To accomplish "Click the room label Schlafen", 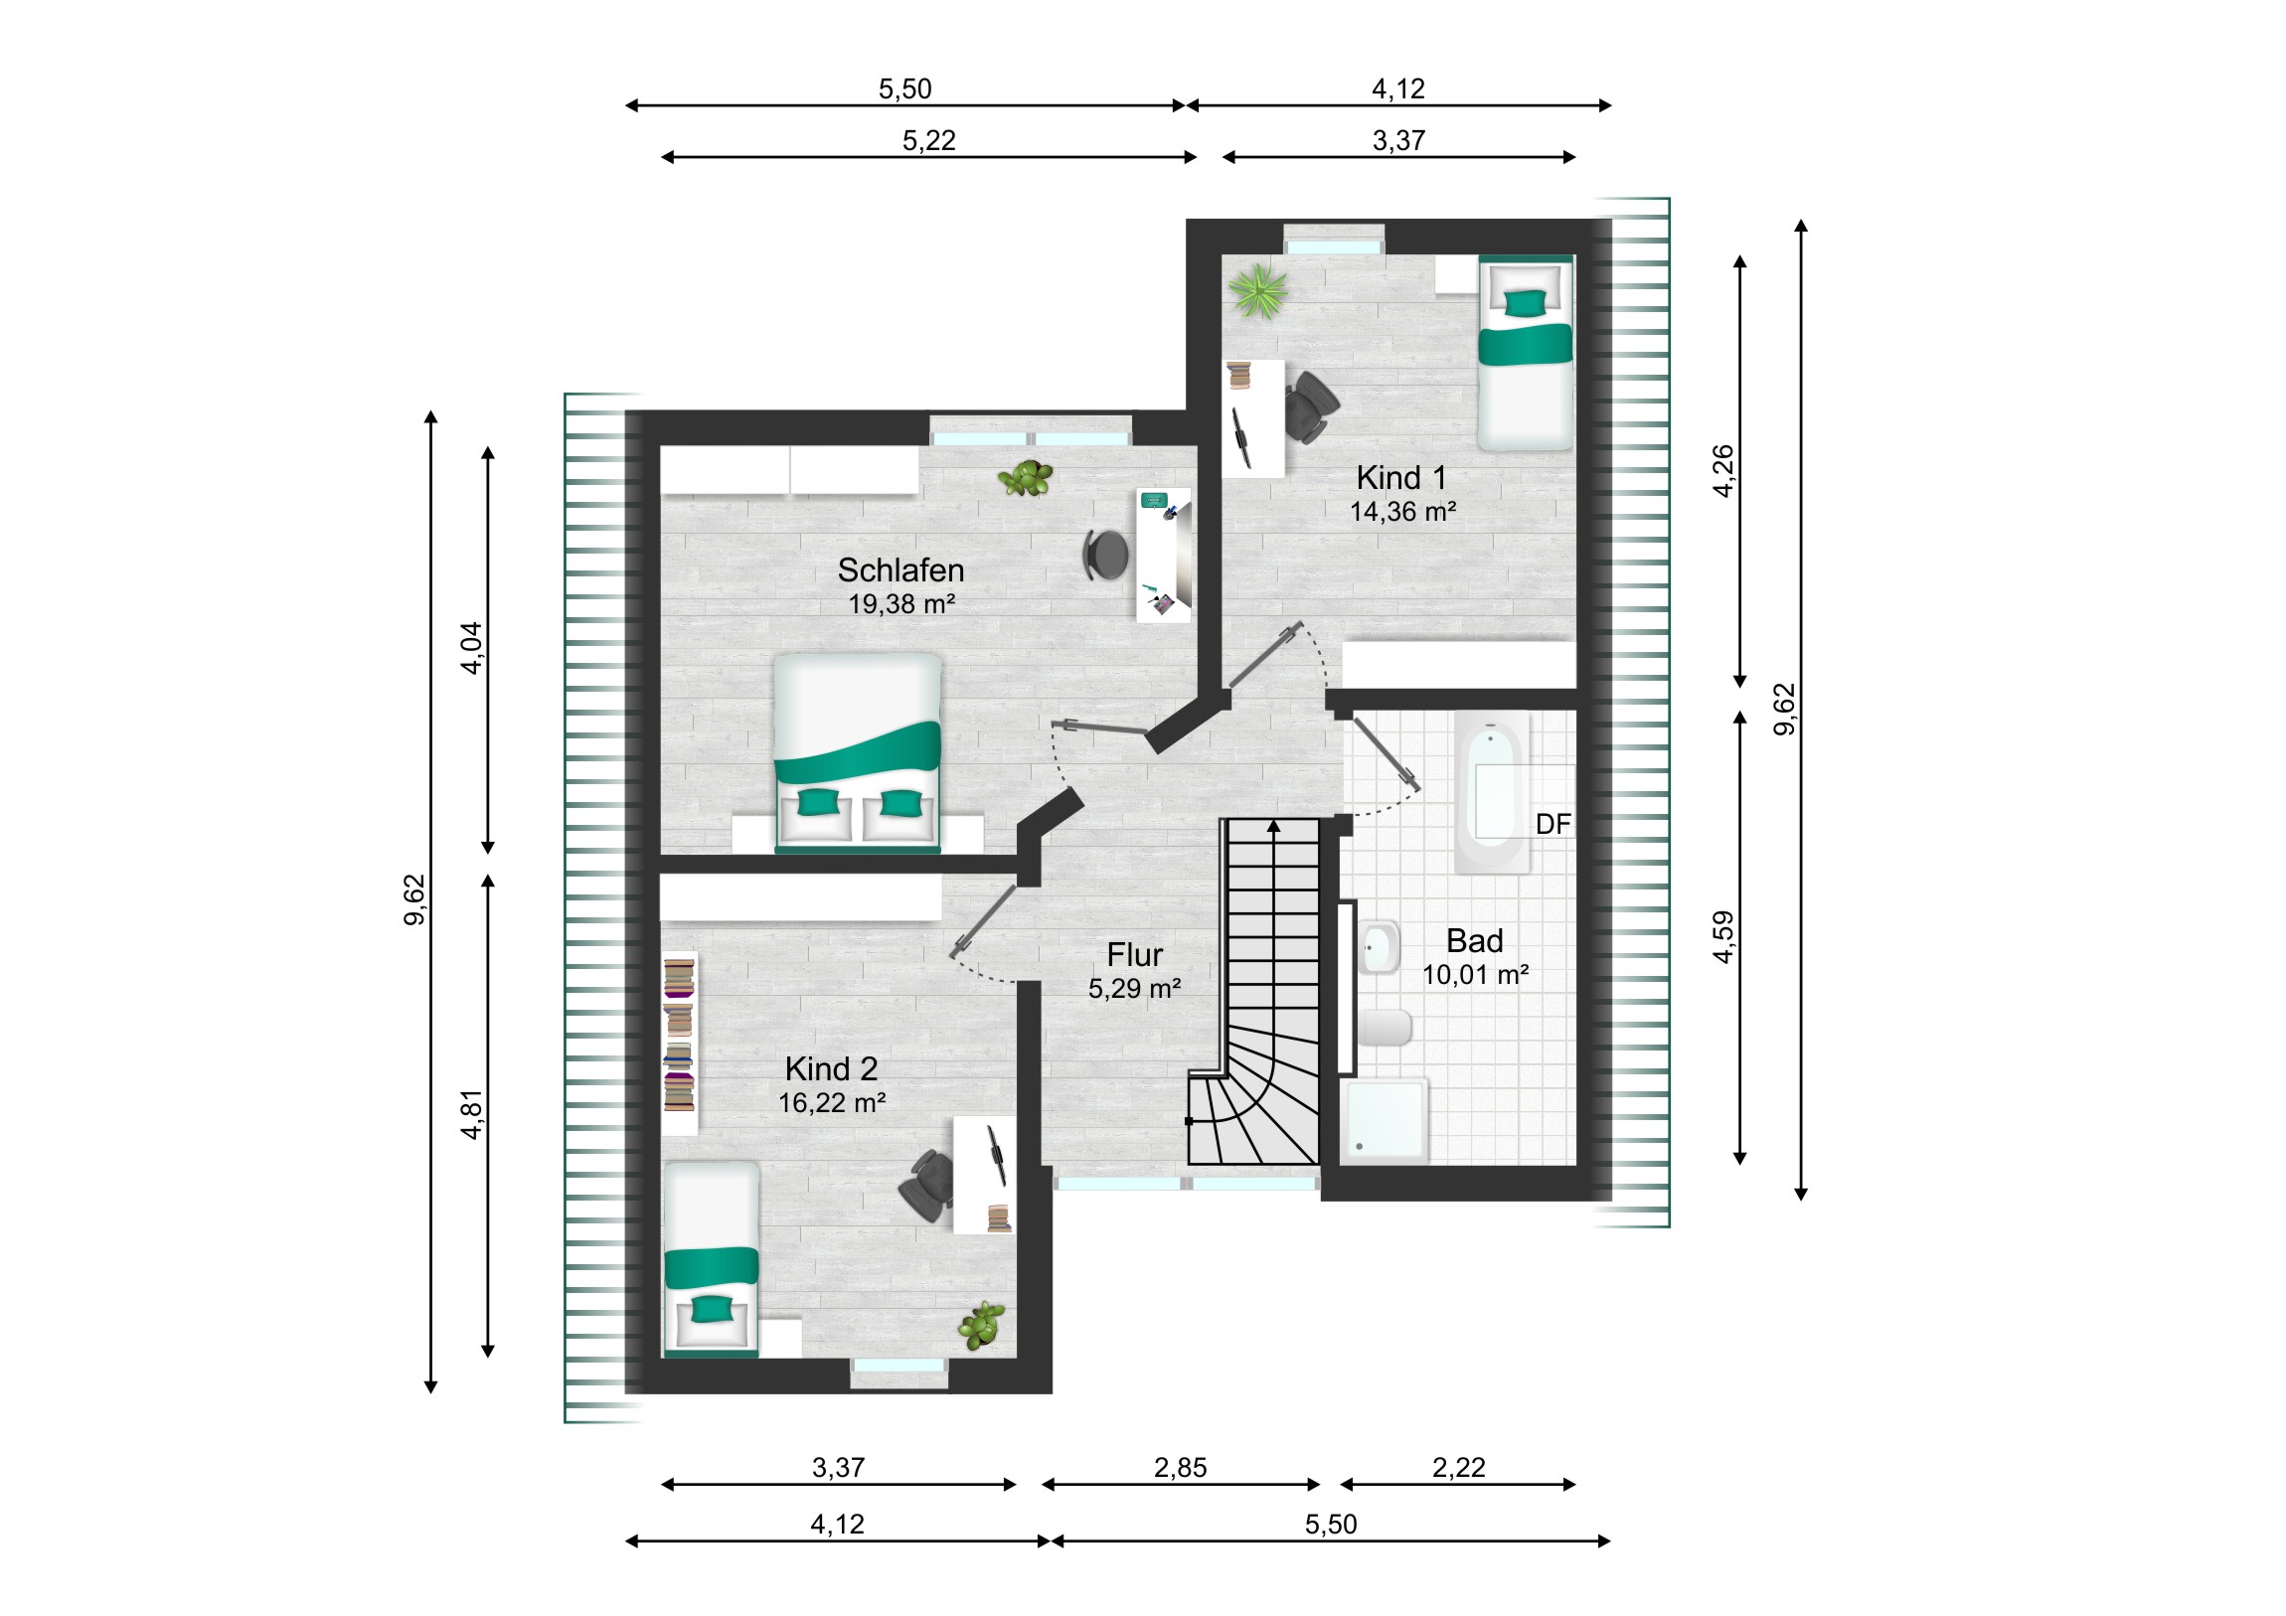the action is [900, 570].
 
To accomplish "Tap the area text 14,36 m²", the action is [1402, 512].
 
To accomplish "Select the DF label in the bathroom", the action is [1552, 825].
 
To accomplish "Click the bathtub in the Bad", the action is [1492, 792].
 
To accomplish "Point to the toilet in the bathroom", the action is [1385, 1028].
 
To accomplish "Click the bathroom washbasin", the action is [1380, 947].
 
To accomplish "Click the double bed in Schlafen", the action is [857, 752].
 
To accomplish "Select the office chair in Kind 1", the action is [1311, 405].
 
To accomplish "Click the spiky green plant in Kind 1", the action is [1258, 291].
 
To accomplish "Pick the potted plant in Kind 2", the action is [983, 1323].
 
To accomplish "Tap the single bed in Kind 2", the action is [711, 1259].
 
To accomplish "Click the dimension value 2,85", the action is [1180, 1468].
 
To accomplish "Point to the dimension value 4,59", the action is [1723, 937].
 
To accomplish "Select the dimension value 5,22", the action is [929, 140].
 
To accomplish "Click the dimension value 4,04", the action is [471, 648].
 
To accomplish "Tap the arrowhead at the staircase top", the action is [1273, 827].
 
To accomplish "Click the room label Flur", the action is [1134, 955].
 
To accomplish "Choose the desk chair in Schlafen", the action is [1106, 555].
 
